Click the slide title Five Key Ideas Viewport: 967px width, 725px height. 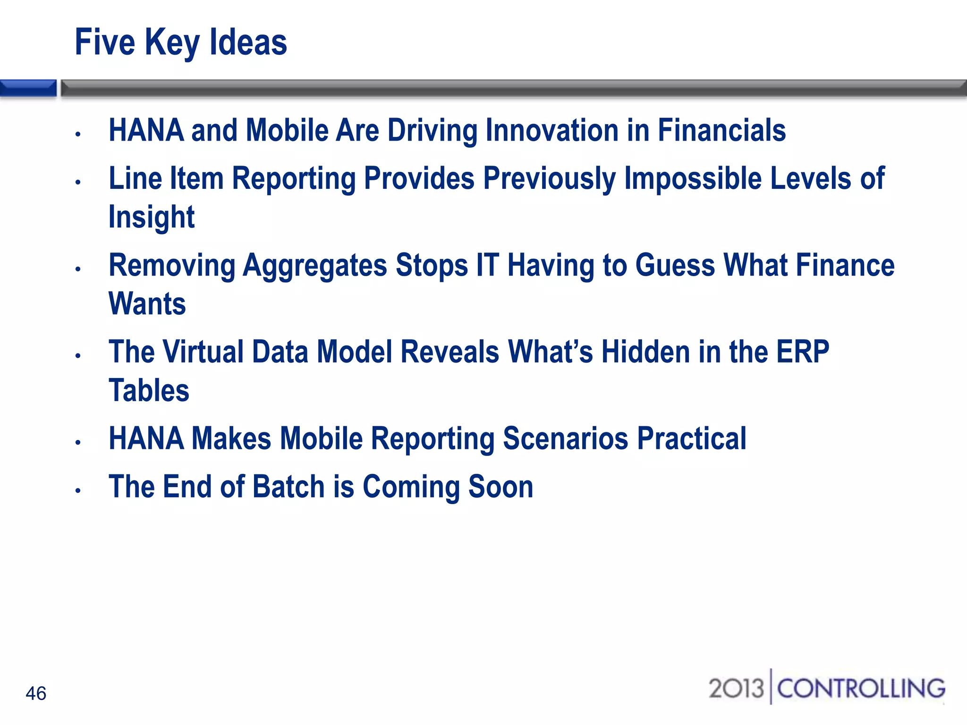(x=180, y=42)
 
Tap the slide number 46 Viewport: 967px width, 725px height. (x=36, y=693)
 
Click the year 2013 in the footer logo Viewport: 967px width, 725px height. (x=736, y=688)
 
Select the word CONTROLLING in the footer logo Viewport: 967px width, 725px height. (x=861, y=688)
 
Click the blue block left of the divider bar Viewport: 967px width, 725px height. (x=28, y=88)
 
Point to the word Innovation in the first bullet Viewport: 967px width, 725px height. (x=551, y=130)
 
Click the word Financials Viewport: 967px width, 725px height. (x=721, y=130)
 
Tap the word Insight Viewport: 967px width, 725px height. (x=151, y=217)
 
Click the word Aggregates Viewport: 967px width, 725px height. (x=314, y=266)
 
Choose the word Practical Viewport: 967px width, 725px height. (x=692, y=438)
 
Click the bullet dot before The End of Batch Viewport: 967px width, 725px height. (x=78, y=491)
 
